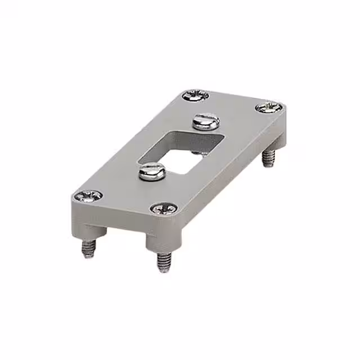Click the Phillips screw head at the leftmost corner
point(88,196)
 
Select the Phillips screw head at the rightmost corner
point(268,107)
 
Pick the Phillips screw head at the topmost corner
point(196,95)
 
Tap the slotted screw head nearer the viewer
point(152,170)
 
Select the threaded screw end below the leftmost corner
point(89,247)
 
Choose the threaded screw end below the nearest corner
point(163,262)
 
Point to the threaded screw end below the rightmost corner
point(269,158)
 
